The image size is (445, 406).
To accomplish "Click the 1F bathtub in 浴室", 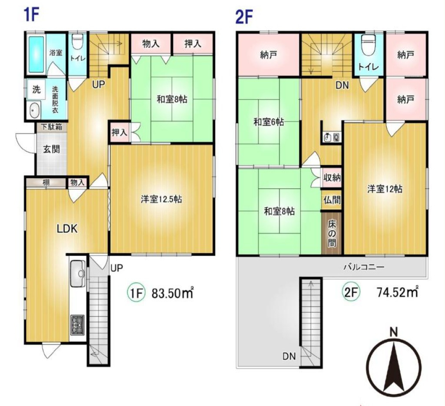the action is click(x=36, y=54).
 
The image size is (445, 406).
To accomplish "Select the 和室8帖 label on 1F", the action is click(x=172, y=99).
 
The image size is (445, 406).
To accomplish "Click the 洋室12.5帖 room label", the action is click(x=161, y=199).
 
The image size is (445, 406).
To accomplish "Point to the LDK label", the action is click(x=67, y=228).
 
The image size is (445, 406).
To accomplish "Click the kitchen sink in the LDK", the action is click(x=77, y=273).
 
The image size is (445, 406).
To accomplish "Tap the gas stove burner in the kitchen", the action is click(x=77, y=325).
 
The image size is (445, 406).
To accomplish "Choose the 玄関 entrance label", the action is click(x=51, y=149).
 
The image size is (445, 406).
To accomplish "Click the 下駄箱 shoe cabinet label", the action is click(x=51, y=127).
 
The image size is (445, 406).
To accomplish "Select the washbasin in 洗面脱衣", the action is click(x=34, y=110).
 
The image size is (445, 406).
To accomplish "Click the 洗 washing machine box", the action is click(x=36, y=89).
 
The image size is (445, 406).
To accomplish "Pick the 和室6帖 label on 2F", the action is click(x=269, y=122).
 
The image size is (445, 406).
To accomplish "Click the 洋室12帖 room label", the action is click(x=385, y=189).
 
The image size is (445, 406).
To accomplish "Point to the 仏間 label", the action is click(x=332, y=200).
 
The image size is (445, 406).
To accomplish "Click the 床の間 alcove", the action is click(x=332, y=233).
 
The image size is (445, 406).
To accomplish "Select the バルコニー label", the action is click(x=364, y=267).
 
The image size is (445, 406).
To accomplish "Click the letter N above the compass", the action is click(x=393, y=332).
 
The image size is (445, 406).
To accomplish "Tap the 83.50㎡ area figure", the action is click(x=173, y=293).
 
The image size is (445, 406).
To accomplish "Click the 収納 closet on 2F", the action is click(x=332, y=178).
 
